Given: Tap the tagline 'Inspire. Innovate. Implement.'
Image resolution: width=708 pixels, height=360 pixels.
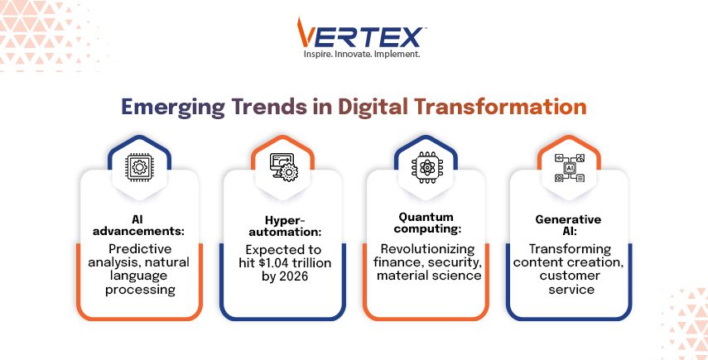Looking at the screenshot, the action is point(361,54).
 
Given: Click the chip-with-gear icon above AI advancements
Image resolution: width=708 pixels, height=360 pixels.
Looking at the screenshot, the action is point(139,167).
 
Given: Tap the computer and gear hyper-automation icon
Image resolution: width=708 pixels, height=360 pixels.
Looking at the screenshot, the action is point(283,167).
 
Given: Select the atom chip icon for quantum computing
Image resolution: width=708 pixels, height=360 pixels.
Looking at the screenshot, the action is point(426,167).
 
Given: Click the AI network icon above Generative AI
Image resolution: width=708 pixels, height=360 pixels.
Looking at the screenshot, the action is point(570,167).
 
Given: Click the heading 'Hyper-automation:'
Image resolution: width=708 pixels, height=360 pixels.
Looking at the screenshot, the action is point(283,227).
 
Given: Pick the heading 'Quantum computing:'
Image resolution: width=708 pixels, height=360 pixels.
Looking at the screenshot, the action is point(427,223).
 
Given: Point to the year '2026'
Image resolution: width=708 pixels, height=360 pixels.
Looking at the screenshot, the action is point(293,276).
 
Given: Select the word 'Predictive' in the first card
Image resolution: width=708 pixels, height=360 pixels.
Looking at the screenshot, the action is point(140,248).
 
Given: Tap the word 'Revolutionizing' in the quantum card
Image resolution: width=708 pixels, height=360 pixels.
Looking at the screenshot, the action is point(427,248).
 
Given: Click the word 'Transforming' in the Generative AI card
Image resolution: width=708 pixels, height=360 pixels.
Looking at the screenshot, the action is point(570,248).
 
